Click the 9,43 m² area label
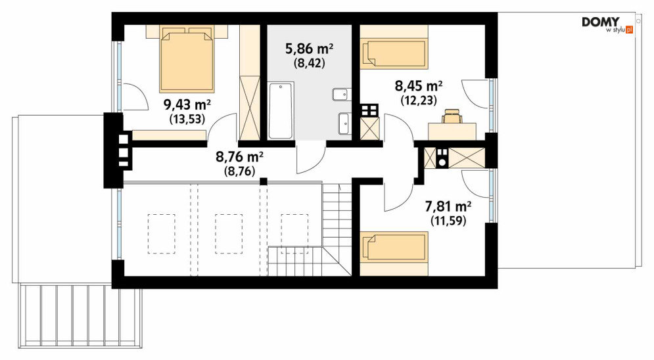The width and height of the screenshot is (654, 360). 187,104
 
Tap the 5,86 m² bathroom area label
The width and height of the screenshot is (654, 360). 309,49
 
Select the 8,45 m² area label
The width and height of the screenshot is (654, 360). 418,86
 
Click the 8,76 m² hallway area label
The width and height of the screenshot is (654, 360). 239,157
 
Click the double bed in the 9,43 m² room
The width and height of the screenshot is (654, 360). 187,60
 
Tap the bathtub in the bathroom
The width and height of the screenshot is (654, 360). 280,110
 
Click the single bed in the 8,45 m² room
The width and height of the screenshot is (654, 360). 394,53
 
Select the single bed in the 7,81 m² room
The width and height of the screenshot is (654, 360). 394,246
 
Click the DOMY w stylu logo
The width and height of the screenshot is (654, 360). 608,26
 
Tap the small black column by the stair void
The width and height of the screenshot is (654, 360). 263,181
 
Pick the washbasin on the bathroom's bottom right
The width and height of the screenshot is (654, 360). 344,124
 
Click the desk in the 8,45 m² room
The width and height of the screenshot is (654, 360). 453,131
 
